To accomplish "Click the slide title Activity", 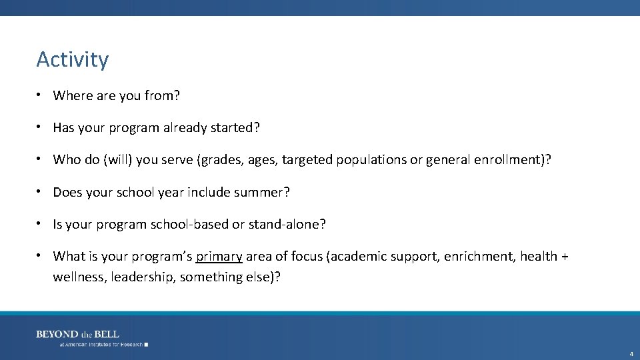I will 72,59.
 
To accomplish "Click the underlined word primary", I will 219,257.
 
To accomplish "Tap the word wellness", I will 79,277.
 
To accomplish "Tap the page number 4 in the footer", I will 631,353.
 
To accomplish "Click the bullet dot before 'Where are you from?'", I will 41,95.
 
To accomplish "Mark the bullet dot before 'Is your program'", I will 41,223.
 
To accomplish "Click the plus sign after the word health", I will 564,257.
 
